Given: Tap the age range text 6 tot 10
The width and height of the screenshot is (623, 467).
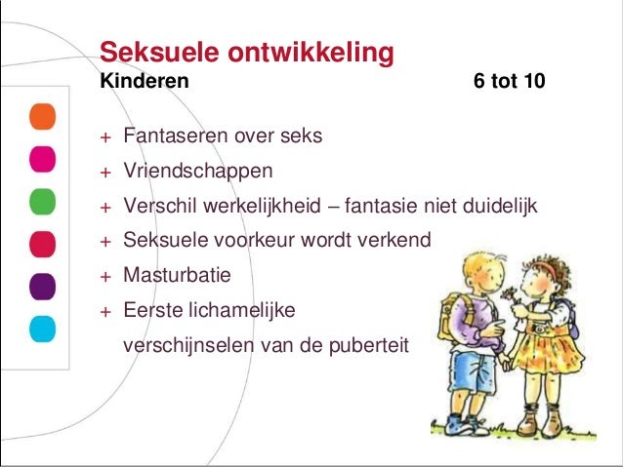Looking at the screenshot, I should point(509,82).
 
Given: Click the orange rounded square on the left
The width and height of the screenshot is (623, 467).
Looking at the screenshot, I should point(41,118).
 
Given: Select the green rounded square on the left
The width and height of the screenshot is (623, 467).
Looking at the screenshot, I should point(41,201).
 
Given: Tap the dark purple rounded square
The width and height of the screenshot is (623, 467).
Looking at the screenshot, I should point(41,285).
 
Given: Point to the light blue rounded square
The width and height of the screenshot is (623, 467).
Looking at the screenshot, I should point(41,327).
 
